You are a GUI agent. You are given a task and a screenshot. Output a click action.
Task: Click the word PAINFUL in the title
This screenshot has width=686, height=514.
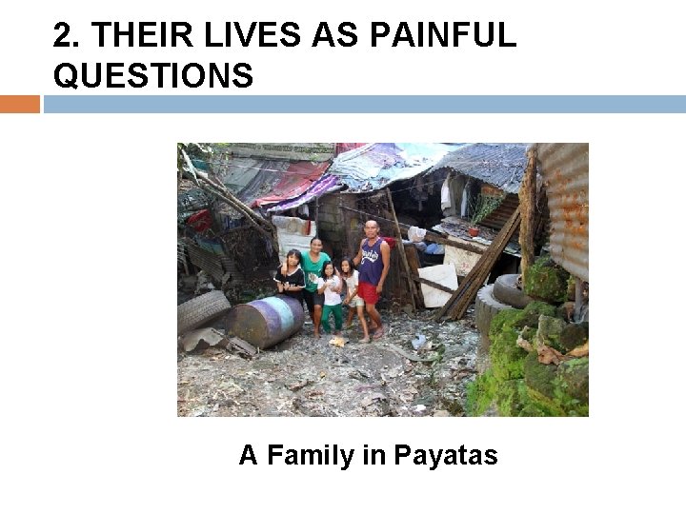[442, 35]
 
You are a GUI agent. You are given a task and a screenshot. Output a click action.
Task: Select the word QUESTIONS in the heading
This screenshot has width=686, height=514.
[153, 74]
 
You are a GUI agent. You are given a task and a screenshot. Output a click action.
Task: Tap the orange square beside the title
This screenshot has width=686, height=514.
[20, 104]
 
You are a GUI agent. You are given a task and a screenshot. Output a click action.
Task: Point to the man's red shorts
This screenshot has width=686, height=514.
[369, 293]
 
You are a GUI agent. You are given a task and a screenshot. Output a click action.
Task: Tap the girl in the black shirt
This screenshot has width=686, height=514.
[292, 277]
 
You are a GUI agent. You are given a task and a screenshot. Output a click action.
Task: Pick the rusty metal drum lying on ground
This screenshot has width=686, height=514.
[266, 320]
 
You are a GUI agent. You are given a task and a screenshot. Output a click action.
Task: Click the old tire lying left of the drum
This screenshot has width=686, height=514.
[203, 310]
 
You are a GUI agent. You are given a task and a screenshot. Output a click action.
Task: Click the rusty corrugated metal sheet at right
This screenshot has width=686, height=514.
[564, 205]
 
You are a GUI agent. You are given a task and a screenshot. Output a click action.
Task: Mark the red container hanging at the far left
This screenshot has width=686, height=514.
[198, 221]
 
